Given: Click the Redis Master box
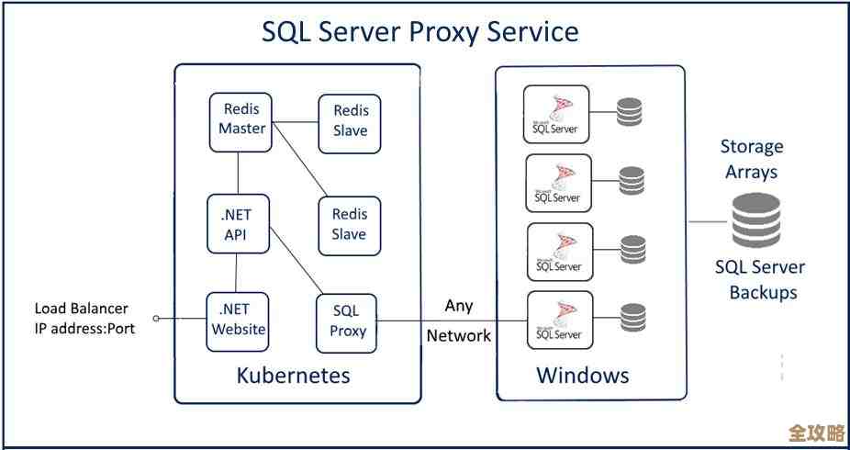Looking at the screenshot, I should pyautogui.click(x=241, y=119).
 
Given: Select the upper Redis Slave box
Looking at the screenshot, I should pyautogui.click(x=350, y=121).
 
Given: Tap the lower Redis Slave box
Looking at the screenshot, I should pyautogui.click(x=350, y=224).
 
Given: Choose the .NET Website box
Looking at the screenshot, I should pyautogui.click(x=239, y=319).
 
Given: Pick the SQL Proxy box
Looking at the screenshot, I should pyautogui.click(x=348, y=321).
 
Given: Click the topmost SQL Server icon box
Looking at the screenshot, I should pyautogui.click(x=557, y=114).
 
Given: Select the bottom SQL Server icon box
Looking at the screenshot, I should pyautogui.click(x=557, y=320).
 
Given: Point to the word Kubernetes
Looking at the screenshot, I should pyautogui.click(x=293, y=376).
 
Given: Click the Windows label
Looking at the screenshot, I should pyautogui.click(x=583, y=376).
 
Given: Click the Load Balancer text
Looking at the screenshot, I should pyautogui.click(x=82, y=309).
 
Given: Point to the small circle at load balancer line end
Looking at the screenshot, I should pyautogui.click(x=157, y=319).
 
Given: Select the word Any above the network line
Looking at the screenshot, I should pyautogui.click(x=458, y=305).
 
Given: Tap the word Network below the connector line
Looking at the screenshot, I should pyautogui.click(x=458, y=336).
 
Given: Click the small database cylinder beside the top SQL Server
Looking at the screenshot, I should pyautogui.click(x=630, y=112).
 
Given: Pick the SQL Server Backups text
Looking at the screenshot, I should pyautogui.click(x=760, y=280).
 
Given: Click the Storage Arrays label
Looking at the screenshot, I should pyautogui.click(x=752, y=159).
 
